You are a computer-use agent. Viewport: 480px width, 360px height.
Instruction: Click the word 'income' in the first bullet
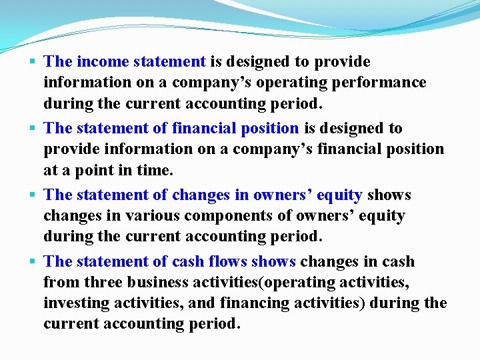coord(103,62)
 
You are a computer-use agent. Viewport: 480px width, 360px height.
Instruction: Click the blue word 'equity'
coord(339,195)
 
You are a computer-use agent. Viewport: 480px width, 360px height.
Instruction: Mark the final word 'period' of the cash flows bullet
coord(214,324)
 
